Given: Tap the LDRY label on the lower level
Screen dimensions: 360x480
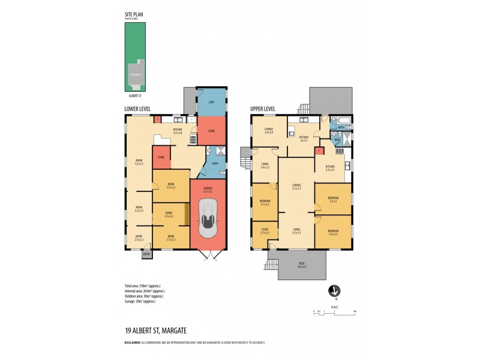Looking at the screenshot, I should (211, 103).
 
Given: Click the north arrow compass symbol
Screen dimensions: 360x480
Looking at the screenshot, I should (334, 292).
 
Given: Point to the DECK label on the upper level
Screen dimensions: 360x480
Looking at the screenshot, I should (302, 265).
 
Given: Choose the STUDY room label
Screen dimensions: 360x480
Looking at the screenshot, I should (265, 230).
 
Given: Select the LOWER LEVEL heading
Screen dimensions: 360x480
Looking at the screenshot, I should (137, 109).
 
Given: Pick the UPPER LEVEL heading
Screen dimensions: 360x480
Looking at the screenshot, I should (263, 109).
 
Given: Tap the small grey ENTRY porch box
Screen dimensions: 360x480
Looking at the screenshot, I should (146, 254).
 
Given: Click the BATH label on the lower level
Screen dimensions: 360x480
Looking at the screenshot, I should (215, 163).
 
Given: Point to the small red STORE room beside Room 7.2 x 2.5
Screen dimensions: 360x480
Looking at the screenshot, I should (161, 157).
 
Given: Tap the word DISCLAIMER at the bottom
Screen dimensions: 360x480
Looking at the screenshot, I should (133, 343).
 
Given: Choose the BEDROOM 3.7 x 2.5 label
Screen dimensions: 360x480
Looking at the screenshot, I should (265, 203).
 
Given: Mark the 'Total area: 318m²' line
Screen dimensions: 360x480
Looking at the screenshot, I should (143, 285).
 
